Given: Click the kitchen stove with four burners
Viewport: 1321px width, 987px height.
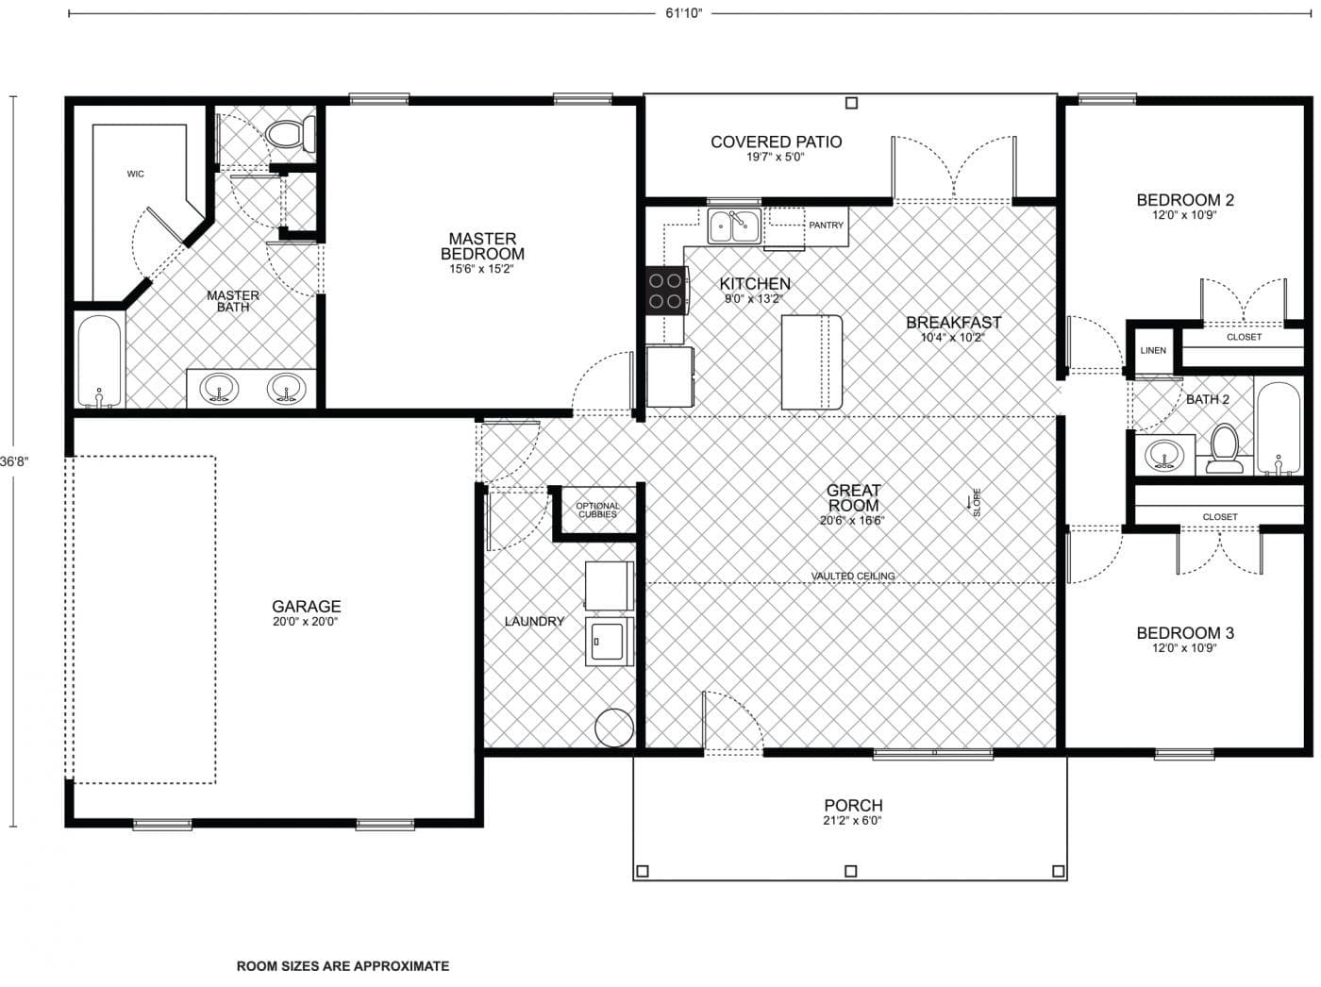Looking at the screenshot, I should (664, 291).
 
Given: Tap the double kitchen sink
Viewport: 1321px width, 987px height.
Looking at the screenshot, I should (734, 226).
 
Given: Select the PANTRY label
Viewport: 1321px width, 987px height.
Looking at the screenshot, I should (826, 226).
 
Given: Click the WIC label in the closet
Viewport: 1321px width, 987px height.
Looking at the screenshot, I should (136, 174).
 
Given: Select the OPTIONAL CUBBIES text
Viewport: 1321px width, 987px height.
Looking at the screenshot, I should (597, 510).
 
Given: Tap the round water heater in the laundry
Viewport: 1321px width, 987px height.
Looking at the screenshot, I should (613, 727).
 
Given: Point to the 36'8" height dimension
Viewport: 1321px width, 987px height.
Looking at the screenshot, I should (13, 461).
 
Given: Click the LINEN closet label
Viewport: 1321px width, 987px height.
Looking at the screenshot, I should (1153, 350).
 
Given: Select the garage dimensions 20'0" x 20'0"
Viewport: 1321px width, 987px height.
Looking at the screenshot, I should (306, 622).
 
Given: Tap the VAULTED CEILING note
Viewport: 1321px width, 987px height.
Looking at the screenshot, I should (853, 576).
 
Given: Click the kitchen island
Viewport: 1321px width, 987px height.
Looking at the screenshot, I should (811, 362).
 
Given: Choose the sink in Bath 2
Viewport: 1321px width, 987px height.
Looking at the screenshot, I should (1164, 456).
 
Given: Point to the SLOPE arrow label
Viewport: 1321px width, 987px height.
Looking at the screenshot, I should (976, 502).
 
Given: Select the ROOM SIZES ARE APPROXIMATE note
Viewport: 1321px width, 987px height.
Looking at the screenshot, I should (343, 966).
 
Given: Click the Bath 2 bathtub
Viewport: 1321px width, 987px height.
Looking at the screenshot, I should (1279, 428).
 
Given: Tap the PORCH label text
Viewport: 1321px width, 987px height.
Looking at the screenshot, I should (853, 806).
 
